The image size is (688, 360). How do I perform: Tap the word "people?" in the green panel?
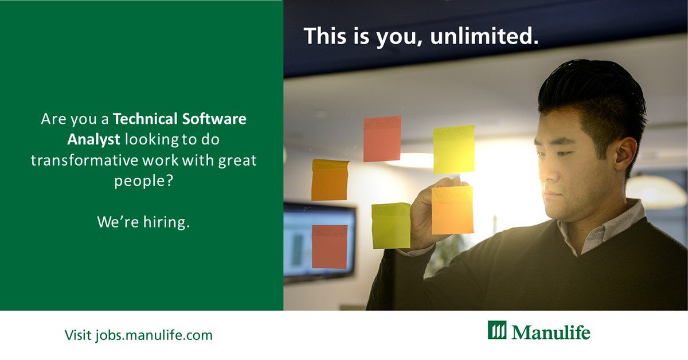(x=143, y=181)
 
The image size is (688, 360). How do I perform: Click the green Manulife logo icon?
(x=497, y=331)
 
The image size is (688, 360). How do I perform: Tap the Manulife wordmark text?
(x=550, y=332)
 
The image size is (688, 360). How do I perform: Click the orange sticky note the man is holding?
(x=452, y=210)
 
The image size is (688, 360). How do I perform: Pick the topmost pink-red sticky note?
(x=382, y=139)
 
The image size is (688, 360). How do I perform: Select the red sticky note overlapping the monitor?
(x=329, y=246)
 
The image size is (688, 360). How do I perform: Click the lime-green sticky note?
(x=390, y=225)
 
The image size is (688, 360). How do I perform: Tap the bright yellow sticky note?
(x=454, y=149)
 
